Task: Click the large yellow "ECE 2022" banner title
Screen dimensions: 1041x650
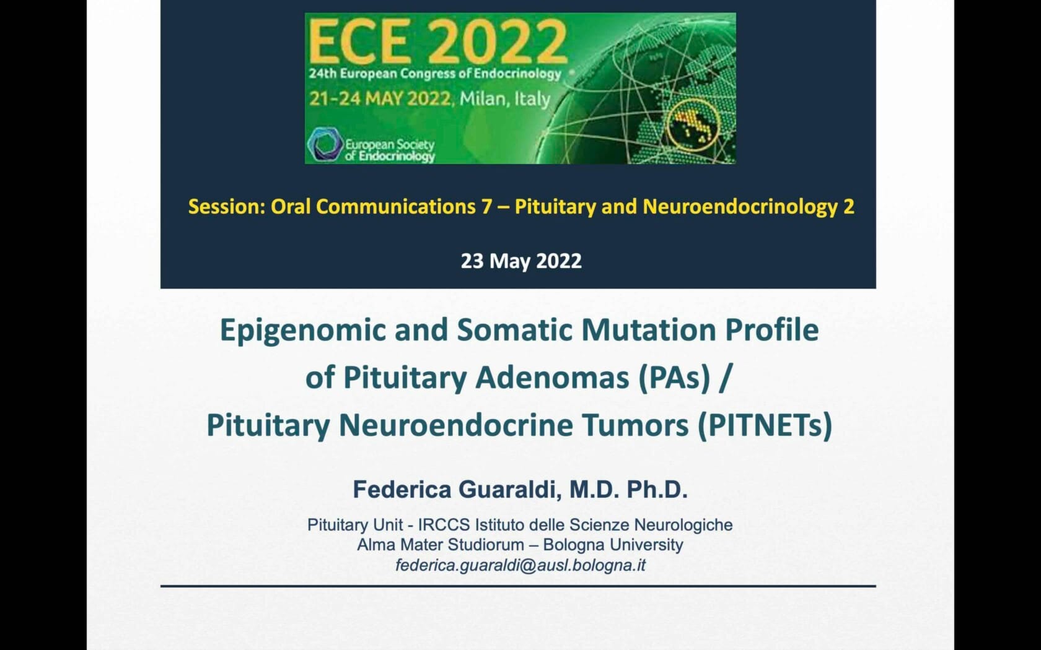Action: tap(437, 41)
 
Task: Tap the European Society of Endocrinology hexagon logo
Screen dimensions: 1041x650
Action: tap(325, 144)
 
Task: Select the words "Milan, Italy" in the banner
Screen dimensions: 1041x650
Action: tap(504, 99)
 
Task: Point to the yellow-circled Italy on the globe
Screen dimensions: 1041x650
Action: tap(693, 125)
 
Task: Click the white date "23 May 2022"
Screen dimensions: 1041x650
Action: tap(521, 261)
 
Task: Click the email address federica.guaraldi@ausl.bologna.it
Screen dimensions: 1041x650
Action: tap(520, 565)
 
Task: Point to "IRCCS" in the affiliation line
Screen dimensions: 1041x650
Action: tap(444, 525)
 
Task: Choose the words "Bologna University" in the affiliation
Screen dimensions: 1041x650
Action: tap(613, 545)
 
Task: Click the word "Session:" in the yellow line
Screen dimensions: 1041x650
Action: tap(227, 207)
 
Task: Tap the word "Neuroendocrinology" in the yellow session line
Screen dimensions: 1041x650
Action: tap(740, 207)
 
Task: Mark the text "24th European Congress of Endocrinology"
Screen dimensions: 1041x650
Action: tap(435, 74)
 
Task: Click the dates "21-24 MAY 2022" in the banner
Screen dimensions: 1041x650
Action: tap(380, 99)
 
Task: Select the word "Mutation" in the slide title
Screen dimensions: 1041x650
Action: tap(649, 329)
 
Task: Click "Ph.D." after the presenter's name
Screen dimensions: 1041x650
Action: tap(657, 489)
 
